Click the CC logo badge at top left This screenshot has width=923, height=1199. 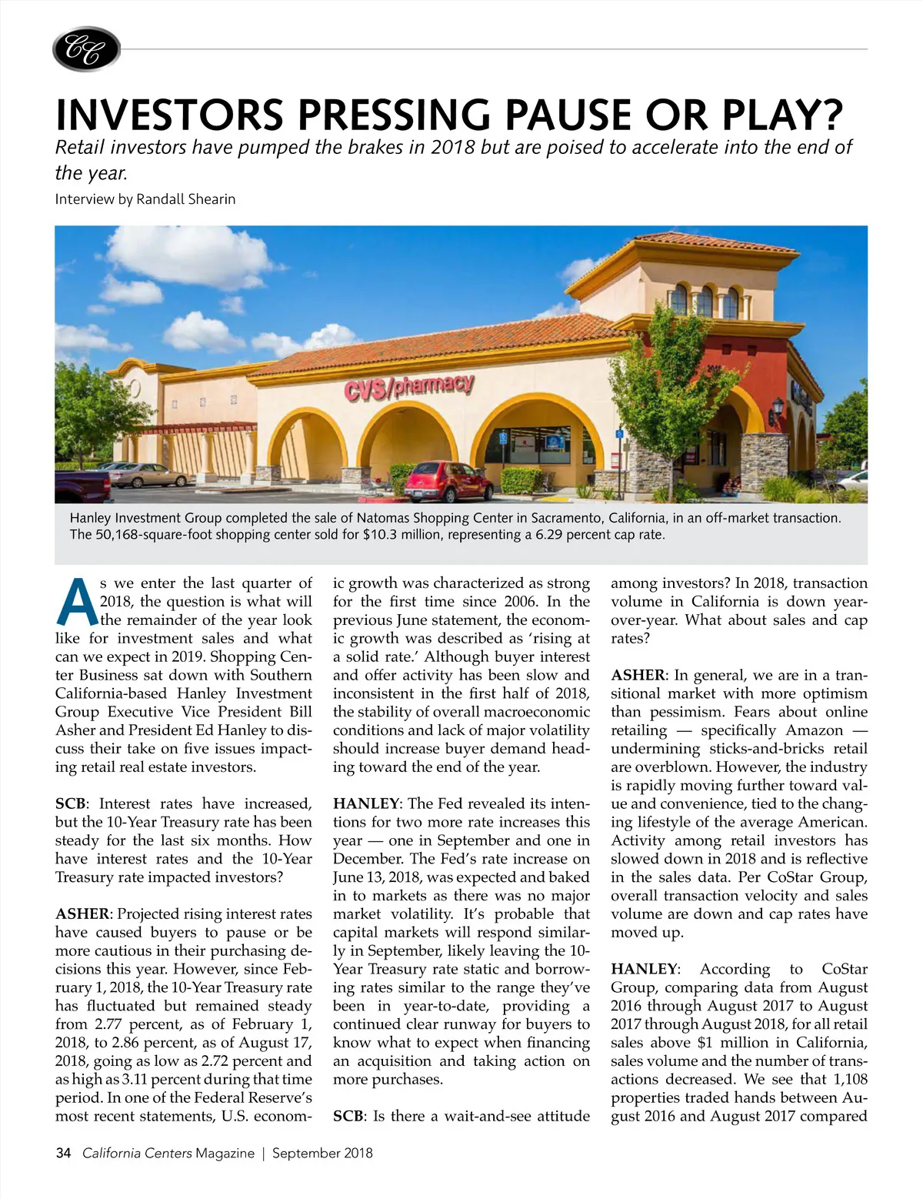point(86,49)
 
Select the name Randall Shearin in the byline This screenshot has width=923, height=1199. point(186,199)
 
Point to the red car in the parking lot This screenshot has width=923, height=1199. point(448,482)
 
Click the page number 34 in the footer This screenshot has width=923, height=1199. point(63,1153)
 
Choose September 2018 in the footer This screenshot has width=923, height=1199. point(322,1153)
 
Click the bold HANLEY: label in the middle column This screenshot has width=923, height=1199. point(366,803)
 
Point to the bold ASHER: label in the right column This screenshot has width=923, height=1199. point(639,675)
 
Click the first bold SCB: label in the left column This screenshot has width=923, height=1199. point(70,803)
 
